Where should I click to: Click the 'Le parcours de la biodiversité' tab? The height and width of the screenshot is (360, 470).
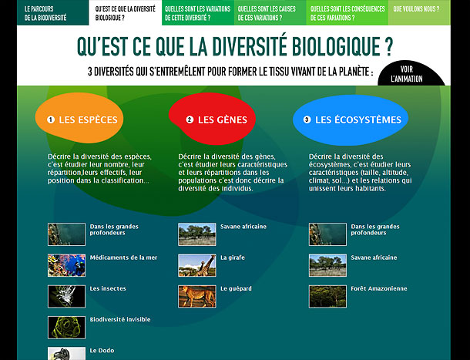click(x=52, y=12)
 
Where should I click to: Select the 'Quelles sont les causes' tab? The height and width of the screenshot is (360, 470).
click(x=270, y=12)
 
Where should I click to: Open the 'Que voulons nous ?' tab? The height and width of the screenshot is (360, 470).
click(x=419, y=12)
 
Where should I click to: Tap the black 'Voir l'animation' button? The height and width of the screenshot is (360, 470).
click(x=410, y=74)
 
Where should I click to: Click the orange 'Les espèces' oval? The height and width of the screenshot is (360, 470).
click(x=79, y=118)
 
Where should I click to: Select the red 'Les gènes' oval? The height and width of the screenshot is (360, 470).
click(x=212, y=119)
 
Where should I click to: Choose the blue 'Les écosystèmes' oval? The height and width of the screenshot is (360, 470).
click(x=351, y=119)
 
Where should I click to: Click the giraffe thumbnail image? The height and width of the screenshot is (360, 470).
click(x=197, y=265)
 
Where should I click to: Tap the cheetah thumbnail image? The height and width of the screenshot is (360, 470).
click(x=197, y=296)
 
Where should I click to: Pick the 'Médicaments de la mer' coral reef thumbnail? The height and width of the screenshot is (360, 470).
click(x=66, y=265)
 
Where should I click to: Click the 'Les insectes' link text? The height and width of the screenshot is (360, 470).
click(x=108, y=288)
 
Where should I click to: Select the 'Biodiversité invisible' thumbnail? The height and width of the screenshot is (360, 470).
click(x=66, y=328)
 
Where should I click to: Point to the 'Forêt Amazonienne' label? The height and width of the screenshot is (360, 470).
click(x=379, y=288)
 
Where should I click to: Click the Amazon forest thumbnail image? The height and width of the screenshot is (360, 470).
click(x=327, y=296)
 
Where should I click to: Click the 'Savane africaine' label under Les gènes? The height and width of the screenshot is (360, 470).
click(x=243, y=227)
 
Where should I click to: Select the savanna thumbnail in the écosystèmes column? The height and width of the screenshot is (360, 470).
click(x=327, y=265)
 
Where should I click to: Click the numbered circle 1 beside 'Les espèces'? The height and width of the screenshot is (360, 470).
click(x=51, y=119)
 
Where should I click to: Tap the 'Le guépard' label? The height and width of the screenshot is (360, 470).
click(x=236, y=288)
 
